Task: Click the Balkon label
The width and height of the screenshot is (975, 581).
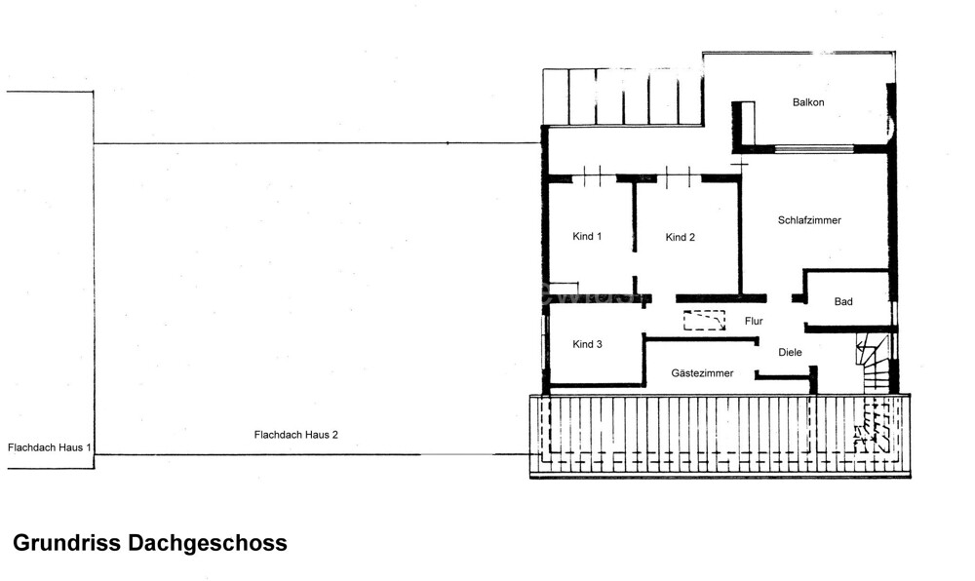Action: click(808, 102)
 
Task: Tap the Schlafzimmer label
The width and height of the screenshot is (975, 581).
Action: click(809, 220)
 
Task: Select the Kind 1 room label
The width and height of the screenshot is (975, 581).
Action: click(587, 237)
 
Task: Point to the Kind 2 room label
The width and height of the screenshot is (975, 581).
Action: click(681, 237)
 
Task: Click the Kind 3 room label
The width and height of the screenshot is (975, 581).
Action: click(587, 344)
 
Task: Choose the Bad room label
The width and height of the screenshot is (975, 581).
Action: click(843, 302)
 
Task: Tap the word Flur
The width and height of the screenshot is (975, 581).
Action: click(754, 320)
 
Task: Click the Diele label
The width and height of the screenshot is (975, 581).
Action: click(791, 352)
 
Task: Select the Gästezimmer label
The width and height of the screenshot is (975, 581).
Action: click(702, 373)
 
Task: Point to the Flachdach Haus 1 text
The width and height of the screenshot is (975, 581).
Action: click(50, 447)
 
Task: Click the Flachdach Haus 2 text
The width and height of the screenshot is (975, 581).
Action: click(295, 435)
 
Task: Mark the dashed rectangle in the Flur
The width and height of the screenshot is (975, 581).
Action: click(705, 321)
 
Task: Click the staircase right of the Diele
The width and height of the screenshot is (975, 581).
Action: click(875, 363)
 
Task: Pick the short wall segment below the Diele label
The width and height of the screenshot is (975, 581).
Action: click(784, 375)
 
